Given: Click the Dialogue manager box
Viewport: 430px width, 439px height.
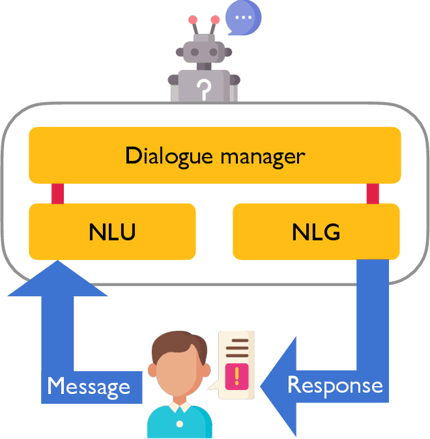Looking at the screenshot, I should click(214, 155).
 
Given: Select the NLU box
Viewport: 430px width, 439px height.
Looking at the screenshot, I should click(112, 232).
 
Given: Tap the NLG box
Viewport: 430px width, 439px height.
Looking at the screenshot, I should click(316, 232).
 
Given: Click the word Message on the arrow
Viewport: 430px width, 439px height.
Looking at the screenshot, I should click(89, 387).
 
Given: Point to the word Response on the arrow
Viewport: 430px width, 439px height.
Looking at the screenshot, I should click(335, 385).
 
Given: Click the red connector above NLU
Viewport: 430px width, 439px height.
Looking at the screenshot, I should click(58, 193).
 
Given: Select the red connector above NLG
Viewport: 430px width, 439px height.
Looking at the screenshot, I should click(372, 193).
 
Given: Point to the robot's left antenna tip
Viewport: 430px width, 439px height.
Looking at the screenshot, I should click(193, 19).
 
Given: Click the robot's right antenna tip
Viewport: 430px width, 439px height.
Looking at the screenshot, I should click(215, 19).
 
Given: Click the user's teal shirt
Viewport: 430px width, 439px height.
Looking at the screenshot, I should click(179, 423).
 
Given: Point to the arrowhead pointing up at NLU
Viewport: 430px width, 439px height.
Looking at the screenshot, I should click(57, 279).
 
